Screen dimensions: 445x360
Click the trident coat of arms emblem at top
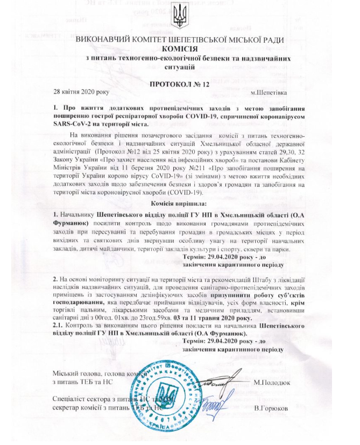pyautogui.click(x=180, y=19)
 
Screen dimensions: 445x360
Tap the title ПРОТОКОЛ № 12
pyautogui.click(x=180, y=84)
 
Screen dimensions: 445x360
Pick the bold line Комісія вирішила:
pyautogui.click(x=180, y=203)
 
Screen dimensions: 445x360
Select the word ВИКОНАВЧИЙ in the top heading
pyautogui.click(x=105, y=40)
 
